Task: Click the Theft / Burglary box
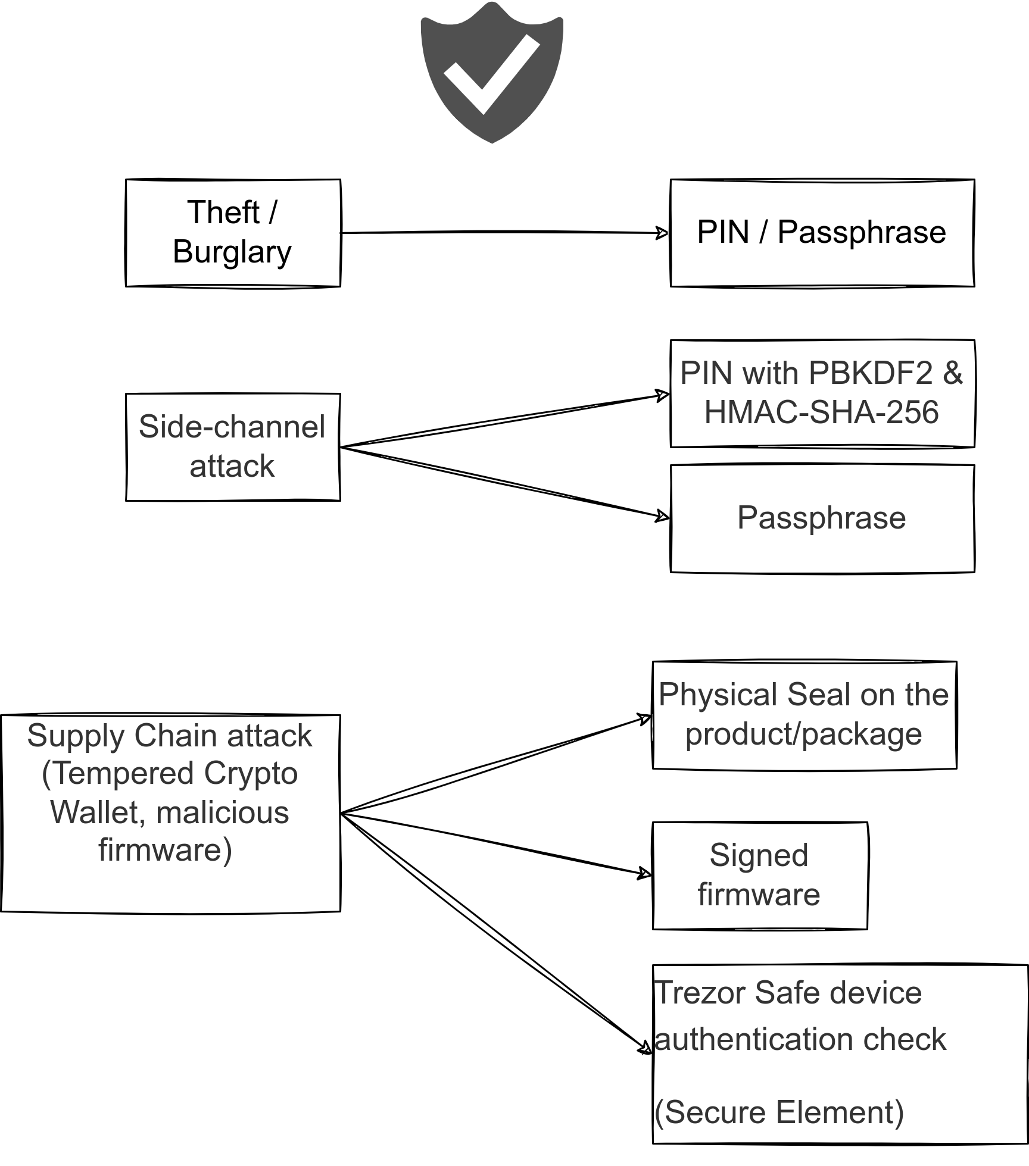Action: coord(233,233)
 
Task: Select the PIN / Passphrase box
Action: coord(822,233)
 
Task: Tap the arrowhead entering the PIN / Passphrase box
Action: coord(662,233)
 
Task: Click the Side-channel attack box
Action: coord(233,447)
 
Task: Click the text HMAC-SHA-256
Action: coord(822,412)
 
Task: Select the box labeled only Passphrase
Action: coord(822,518)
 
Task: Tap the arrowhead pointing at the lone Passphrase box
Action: coord(662,516)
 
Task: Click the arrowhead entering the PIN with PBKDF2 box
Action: coord(662,395)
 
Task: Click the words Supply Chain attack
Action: coord(170,736)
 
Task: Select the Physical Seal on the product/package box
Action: coord(804,715)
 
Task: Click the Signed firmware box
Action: coord(759,876)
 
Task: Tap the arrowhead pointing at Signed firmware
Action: coord(645,874)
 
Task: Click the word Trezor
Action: coord(700,993)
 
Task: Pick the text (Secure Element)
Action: coord(779,1112)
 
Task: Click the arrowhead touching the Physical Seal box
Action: coord(645,718)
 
